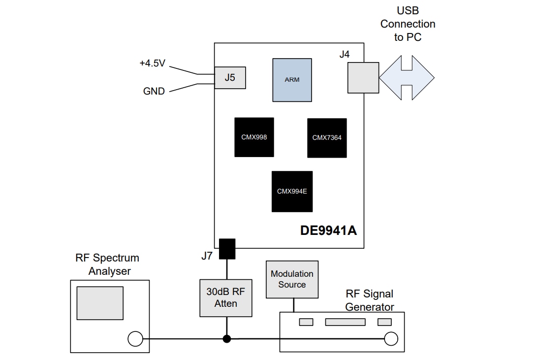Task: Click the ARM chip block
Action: coord(292,80)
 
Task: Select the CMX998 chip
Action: coord(254,137)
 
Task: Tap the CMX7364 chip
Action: coord(327,138)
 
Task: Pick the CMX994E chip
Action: coord(292,192)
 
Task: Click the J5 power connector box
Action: coord(230,78)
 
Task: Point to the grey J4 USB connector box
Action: coord(363,78)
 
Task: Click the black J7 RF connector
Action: coord(226,249)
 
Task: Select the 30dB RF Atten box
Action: coord(226,298)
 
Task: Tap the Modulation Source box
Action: coord(292,279)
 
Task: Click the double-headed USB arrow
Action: coord(407,78)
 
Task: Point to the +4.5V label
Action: coord(152,64)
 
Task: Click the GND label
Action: coord(154,91)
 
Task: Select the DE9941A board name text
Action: coord(328,230)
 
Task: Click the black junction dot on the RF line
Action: coord(226,339)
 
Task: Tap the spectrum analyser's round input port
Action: coord(135,339)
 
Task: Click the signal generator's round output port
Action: coord(391,339)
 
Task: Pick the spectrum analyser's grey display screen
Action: coord(100,302)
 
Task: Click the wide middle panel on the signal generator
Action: coord(345,322)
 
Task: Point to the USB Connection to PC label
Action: coord(408,24)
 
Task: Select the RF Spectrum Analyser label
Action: coord(107,264)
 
